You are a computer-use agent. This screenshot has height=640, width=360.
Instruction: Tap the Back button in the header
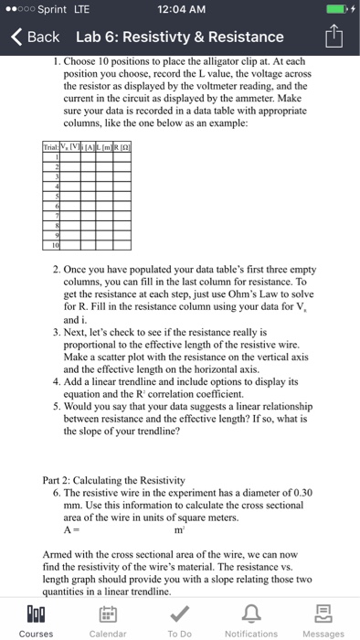click(35, 37)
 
